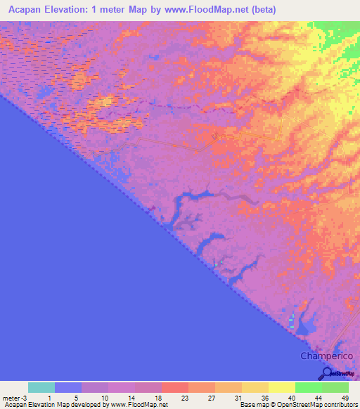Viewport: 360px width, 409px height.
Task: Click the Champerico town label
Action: (x=325, y=356)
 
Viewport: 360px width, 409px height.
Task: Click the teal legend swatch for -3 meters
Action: (x=41, y=387)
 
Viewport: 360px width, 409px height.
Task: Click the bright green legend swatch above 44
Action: (x=308, y=387)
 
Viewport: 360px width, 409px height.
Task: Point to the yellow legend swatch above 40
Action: (x=281, y=387)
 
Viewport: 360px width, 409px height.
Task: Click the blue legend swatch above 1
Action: (x=68, y=387)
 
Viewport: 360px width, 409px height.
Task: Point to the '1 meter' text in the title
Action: (x=116, y=10)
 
